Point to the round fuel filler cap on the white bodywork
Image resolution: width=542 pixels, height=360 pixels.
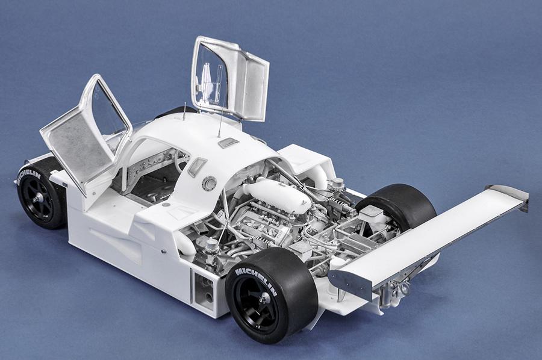209,183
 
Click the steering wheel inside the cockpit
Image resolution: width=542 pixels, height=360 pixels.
180,161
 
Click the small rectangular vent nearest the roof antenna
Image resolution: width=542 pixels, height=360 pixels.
228,143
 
